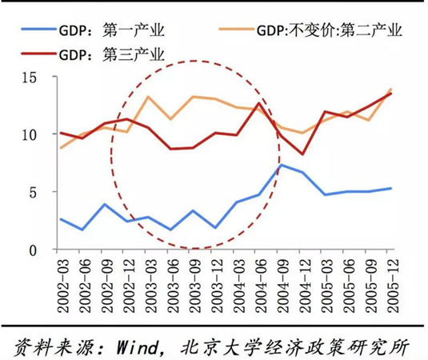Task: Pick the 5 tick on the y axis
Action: tap(37, 192)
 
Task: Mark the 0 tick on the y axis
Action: tap(37, 250)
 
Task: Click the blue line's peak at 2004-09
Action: tap(280, 165)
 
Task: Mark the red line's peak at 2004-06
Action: tap(258, 103)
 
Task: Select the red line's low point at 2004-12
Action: tap(302, 154)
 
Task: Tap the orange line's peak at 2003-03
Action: tap(149, 97)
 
